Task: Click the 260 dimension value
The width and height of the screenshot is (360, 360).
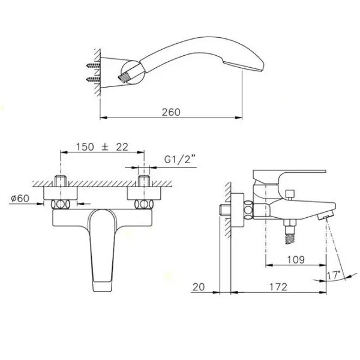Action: (171, 112)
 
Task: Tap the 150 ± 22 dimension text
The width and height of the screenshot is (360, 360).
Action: (102, 147)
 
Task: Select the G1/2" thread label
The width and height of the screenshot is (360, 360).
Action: (180, 159)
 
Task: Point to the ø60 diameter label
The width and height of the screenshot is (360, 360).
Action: (20, 199)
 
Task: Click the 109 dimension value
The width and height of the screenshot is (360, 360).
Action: (296, 260)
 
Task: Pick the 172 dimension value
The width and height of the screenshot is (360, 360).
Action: (278, 287)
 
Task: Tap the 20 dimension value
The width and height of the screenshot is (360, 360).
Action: (199, 287)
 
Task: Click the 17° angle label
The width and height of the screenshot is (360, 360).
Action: (333, 275)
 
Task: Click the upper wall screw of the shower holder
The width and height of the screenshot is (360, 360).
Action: (93, 65)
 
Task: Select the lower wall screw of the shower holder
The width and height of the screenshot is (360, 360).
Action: (93, 80)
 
